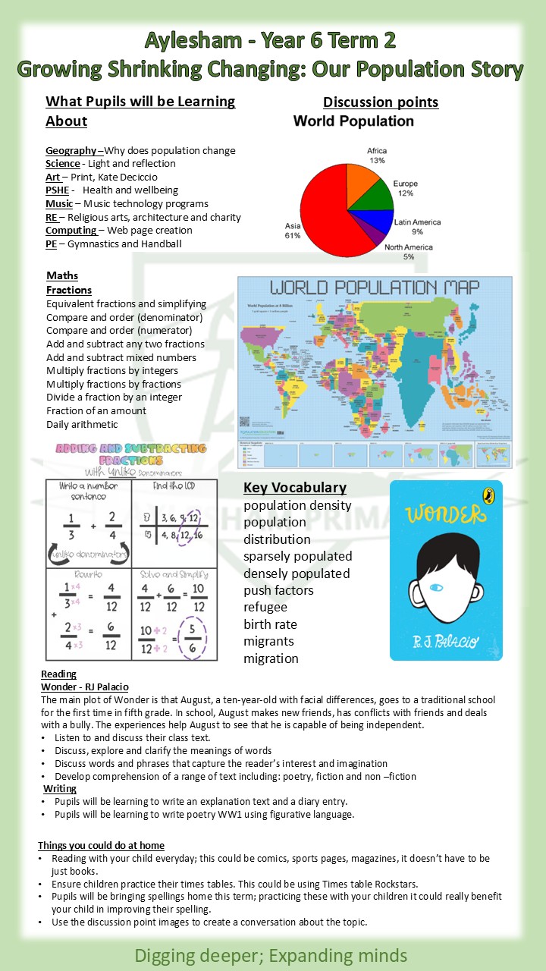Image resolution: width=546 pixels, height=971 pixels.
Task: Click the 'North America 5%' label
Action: (409, 252)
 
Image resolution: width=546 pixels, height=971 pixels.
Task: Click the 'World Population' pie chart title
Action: (353, 121)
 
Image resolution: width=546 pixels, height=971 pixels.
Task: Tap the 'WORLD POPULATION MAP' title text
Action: (375, 288)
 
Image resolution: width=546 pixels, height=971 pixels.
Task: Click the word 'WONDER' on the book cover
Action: (444, 514)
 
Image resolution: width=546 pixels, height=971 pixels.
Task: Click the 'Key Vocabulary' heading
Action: (295, 488)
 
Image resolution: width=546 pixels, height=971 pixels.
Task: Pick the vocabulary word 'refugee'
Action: (266, 607)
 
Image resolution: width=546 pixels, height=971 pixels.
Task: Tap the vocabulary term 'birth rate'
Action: (270, 624)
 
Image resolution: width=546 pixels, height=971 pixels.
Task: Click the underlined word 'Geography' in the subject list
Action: (71, 150)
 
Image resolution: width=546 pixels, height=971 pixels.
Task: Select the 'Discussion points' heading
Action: (381, 102)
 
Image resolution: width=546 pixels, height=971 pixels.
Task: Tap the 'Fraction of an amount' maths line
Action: (96, 410)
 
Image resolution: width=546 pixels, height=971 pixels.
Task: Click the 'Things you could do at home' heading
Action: (101, 845)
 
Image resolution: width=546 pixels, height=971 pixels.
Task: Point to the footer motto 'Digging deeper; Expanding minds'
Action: (271, 955)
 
